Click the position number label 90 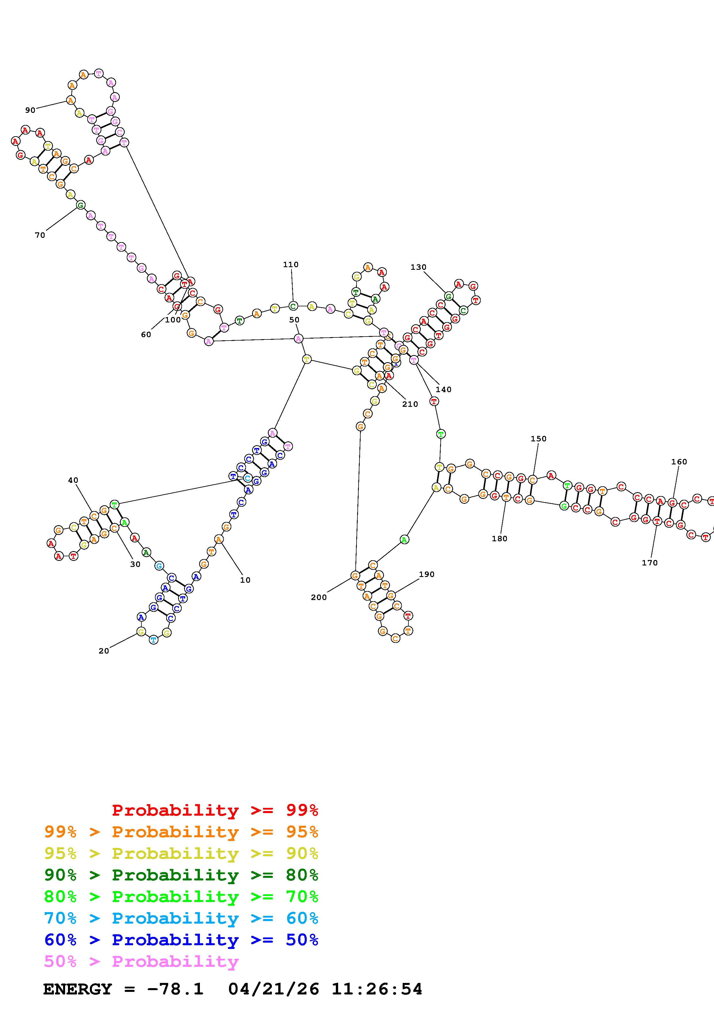pos(30,110)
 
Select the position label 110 pos(290,264)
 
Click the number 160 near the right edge pos(679,462)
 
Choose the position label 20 pos(103,651)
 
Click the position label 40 pos(73,480)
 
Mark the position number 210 pos(410,404)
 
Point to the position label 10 pos(245,580)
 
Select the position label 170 pos(649,563)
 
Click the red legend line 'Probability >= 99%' pos(215,810)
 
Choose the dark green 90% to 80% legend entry pos(181,875)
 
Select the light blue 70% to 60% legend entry pos(181,918)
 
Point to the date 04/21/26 pos(274,989)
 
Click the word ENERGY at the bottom pos(77,989)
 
